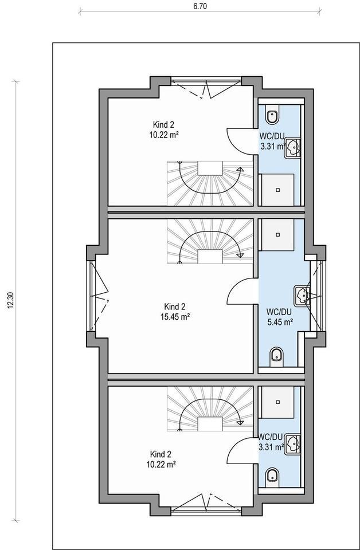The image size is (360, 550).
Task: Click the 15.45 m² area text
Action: [x=175, y=317]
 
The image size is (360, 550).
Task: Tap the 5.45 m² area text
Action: [x=280, y=321]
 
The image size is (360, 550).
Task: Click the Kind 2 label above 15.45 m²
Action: [x=175, y=306]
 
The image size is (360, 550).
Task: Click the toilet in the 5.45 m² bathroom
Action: [x=277, y=356]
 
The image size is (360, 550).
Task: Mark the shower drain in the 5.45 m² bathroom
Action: [x=278, y=234]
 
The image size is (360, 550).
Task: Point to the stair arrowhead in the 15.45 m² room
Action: [x=240, y=254]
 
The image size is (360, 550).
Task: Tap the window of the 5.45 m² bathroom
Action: [x=316, y=296]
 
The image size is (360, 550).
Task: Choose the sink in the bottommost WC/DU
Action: [x=292, y=443]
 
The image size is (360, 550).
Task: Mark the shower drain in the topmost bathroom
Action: [x=278, y=190]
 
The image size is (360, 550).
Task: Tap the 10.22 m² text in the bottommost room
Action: [x=161, y=465]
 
